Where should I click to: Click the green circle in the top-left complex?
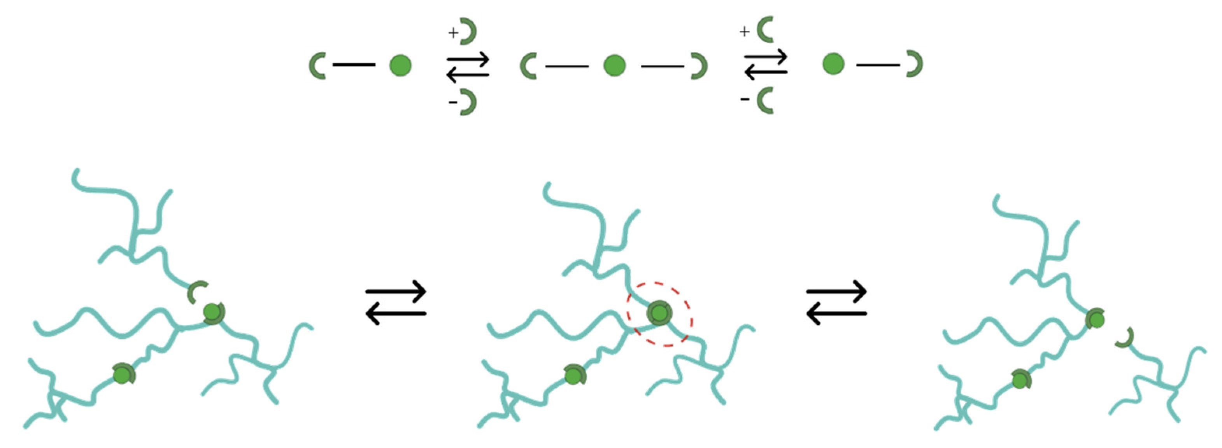click(x=400, y=65)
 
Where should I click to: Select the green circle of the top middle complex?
click(x=614, y=65)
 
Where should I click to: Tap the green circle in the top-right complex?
click(x=833, y=64)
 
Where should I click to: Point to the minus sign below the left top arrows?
click(x=453, y=101)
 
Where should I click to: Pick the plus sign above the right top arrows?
click(x=744, y=31)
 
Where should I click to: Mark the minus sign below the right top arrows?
click(x=745, y=99)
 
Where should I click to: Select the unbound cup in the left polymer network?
click(x=196, y=292)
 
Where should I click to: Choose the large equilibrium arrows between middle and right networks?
click(x=837, y=303)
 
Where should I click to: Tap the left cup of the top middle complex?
click(x=528, y=66)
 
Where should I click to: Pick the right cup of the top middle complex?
click(x=699, y=66)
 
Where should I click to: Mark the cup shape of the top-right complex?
click(x=915, y=64)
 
